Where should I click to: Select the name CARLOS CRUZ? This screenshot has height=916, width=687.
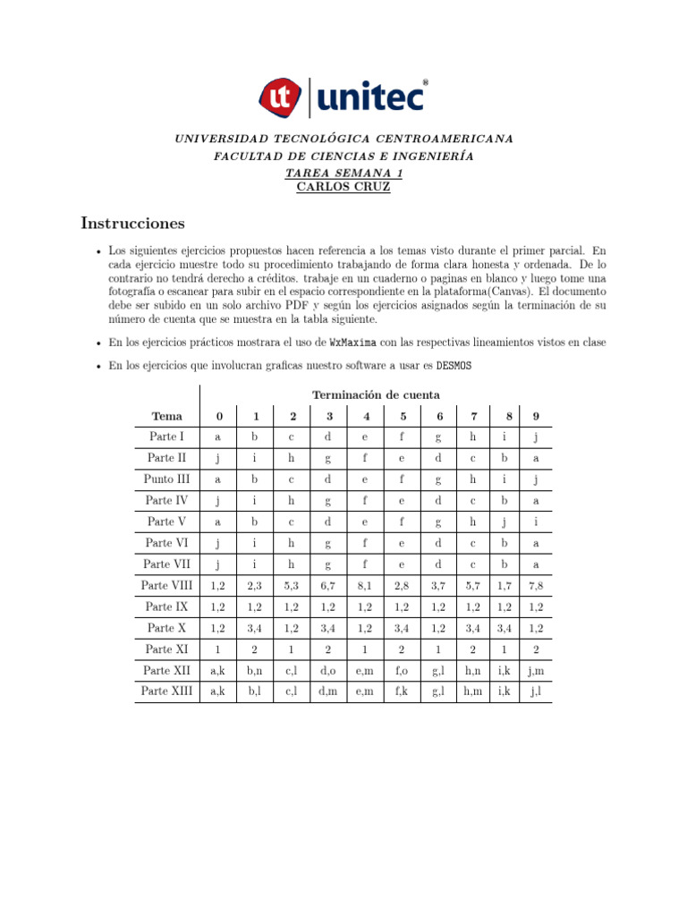[343, 187]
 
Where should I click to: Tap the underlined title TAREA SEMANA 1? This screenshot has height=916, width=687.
[343, 173]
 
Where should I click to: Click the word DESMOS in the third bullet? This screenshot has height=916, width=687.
[454, 366]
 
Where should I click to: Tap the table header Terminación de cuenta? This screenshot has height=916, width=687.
[376, 394]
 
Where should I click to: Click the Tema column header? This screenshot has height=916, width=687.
[166, 416]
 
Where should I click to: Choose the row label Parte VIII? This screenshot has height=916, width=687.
[166, 585]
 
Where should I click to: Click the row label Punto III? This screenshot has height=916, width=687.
[166, 479]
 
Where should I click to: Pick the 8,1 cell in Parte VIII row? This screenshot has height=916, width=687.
[366, 585]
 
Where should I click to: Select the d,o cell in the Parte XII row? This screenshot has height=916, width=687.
[329, 670]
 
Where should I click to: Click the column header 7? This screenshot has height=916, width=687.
[472, 416]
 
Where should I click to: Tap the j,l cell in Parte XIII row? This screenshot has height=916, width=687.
[535, 691]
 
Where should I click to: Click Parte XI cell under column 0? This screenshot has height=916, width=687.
[218, 649]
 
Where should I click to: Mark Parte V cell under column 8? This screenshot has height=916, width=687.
[505, 522]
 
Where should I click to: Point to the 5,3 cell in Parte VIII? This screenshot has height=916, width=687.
[293, 585]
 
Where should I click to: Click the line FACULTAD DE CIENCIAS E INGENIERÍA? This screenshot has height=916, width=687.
[343, 157]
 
